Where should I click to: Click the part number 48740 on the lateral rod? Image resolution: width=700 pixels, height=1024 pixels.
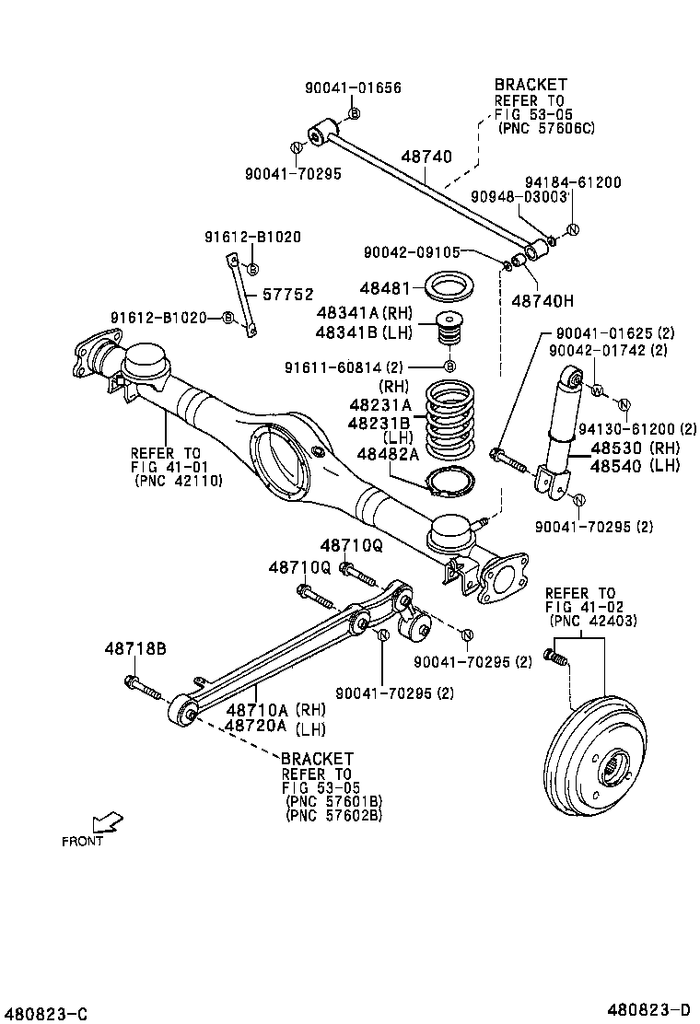tap(426, 157)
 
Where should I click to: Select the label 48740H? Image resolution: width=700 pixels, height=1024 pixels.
tap(542, 300)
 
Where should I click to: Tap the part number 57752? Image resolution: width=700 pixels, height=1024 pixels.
tap(287, 296)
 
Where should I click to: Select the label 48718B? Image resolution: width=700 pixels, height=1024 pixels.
tap(134, 648)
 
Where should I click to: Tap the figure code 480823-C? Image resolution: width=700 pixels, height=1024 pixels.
tap(45, 1013)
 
